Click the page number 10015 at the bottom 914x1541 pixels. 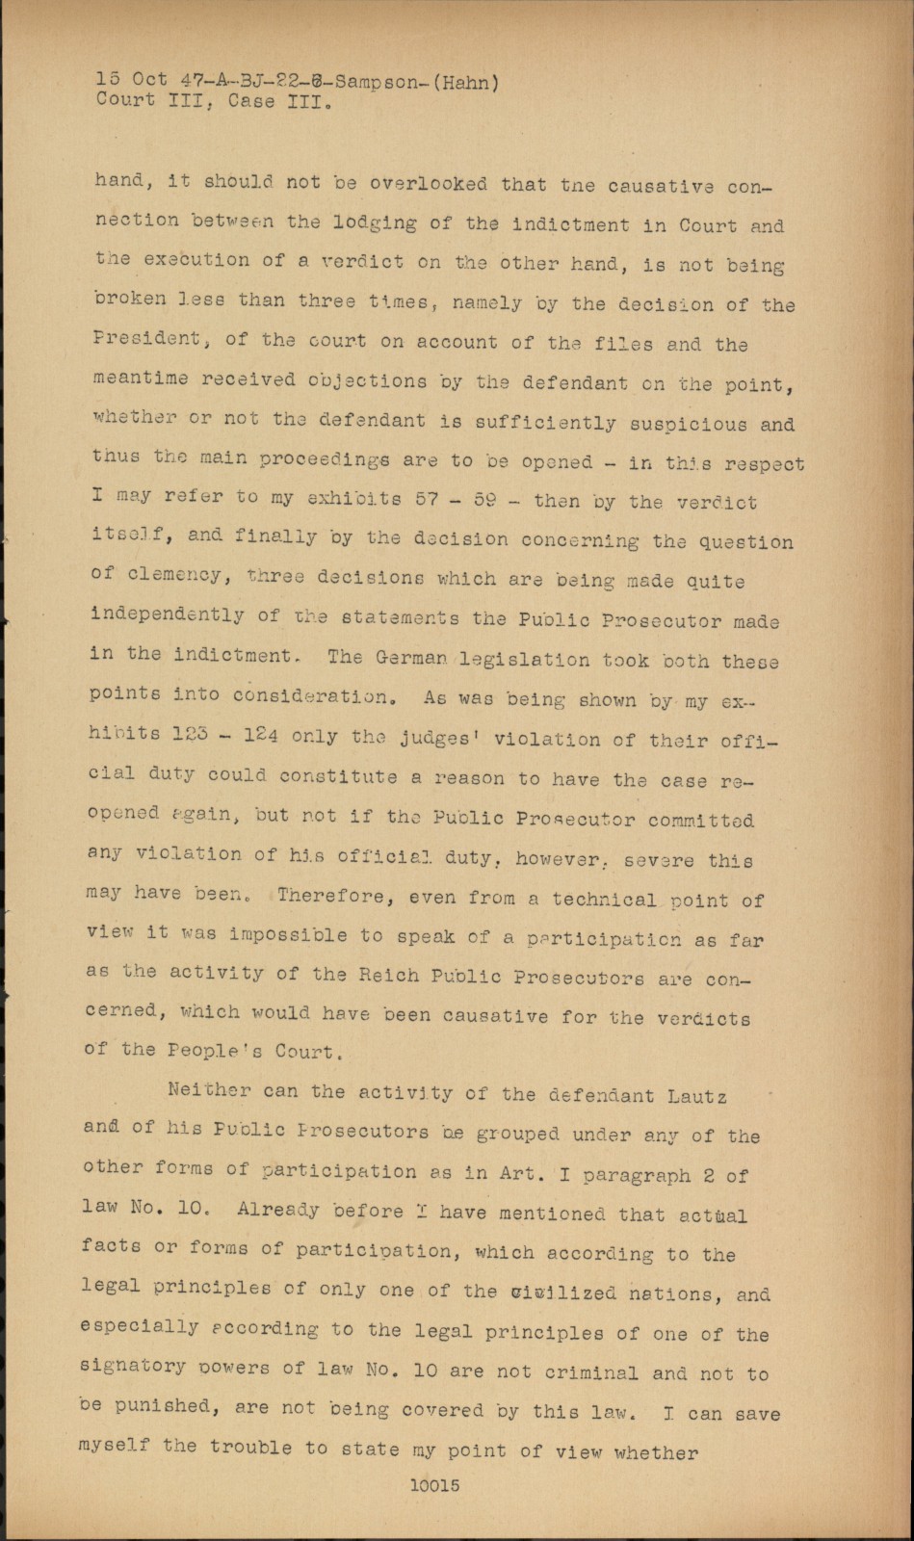[434, 1485]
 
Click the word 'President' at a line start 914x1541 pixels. [147, 339]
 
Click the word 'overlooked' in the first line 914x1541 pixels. [430, 183]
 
